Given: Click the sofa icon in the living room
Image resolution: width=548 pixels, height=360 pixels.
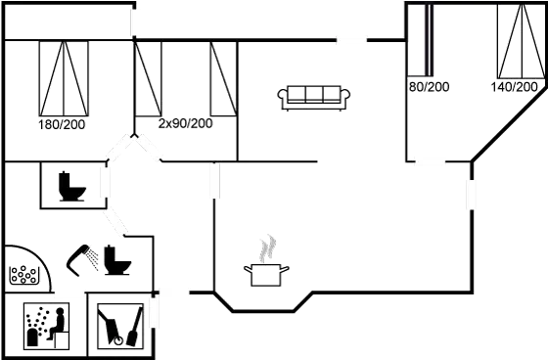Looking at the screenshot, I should (315, 95).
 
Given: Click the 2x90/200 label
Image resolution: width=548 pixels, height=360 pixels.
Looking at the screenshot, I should (186, 123).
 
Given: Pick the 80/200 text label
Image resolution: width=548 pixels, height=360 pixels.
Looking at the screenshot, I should (428, 87).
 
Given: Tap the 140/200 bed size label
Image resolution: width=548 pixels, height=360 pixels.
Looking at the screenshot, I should (514, 87).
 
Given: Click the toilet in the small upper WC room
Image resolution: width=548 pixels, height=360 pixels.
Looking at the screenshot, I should (71, 185).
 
